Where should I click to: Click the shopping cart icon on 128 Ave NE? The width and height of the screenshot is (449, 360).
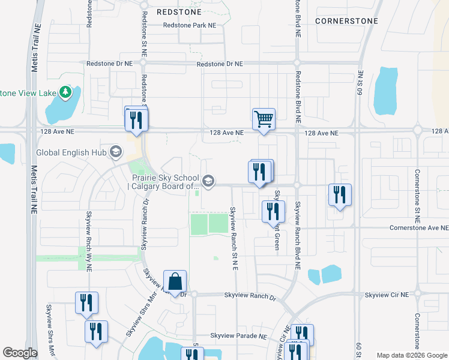264,119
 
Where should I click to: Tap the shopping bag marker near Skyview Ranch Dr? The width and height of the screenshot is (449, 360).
175,281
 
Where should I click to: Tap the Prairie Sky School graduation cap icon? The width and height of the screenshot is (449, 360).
208,181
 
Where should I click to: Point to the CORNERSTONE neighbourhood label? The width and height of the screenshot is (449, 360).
347,20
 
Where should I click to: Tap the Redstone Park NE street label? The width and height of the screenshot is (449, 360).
193,25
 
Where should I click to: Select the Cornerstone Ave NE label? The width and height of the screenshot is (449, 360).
418,228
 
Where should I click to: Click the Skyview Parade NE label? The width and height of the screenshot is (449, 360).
238,336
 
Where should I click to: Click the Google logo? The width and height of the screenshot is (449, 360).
20,353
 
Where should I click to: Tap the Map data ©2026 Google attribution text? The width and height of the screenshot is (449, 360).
411,355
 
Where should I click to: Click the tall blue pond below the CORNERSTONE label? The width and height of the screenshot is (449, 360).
385,90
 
